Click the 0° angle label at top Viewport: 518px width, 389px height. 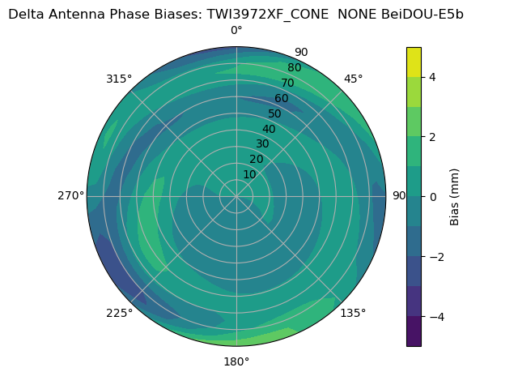(x=236, y=31)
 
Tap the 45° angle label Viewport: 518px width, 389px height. (x=354, y=79)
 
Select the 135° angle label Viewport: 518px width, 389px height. (x=353, y=313)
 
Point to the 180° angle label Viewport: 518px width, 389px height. (x=236, y=361)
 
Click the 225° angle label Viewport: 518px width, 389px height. (x=119, y=313)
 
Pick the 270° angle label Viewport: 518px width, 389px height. (x=71, y=196)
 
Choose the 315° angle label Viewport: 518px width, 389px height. (x=119, y=79)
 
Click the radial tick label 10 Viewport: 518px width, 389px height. (x=249, y=174)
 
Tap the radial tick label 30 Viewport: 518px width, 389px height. (x=262, y=144)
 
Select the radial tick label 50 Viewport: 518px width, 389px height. (x=275, y=113)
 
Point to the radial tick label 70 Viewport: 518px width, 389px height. (x=287, y=83)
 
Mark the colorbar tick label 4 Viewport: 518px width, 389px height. (x=433, y=77)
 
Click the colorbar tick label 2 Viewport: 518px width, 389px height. (x=433, y=137)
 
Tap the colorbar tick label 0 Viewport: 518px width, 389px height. (x=433, y=197)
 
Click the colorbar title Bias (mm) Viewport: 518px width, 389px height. (x=455, y=197)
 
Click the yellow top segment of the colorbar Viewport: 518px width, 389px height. (x=414, y=62)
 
